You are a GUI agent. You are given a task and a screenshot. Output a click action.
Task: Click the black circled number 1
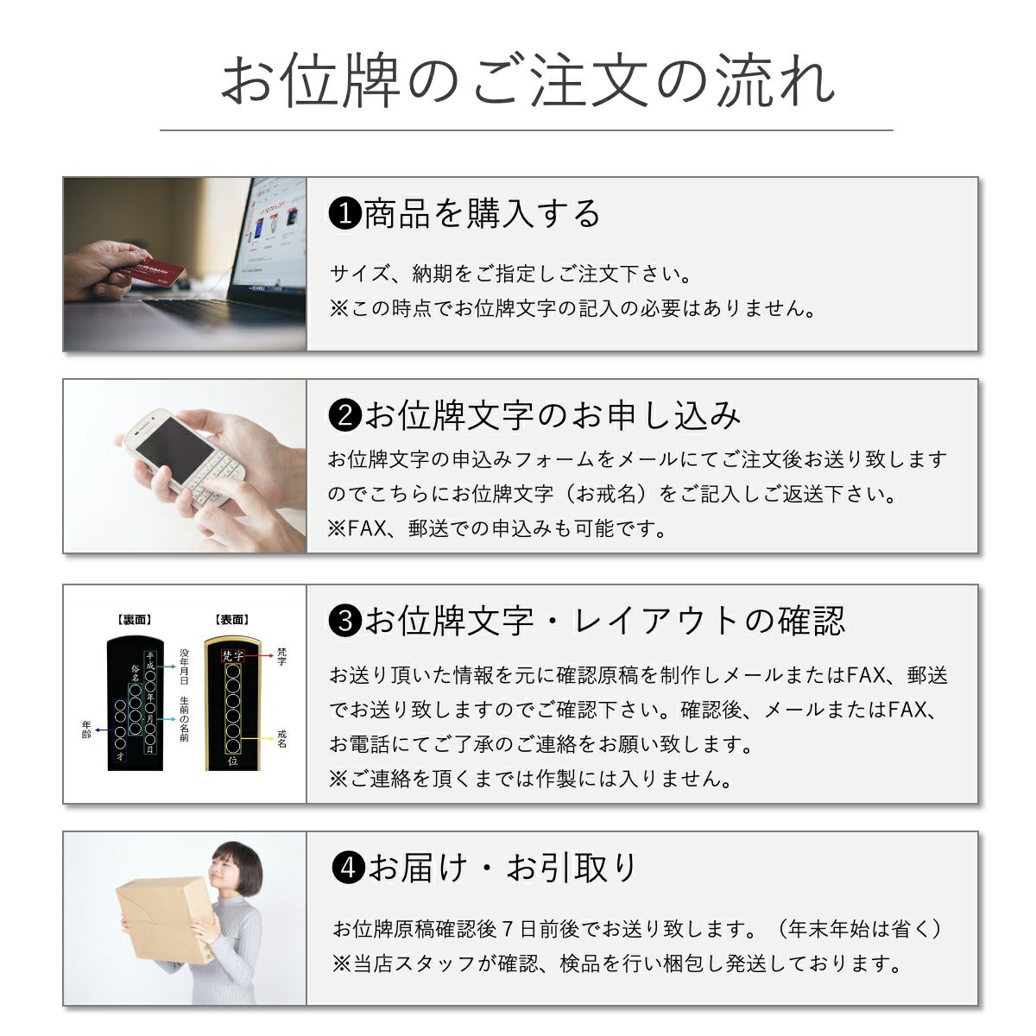point(344,213)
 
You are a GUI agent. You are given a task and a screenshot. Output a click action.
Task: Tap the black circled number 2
point(344,415)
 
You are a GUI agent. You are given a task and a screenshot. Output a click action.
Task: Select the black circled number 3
point(344,621)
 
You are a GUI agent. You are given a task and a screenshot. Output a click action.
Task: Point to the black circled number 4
point(349,868)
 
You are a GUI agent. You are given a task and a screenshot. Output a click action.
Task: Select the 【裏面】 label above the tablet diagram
point(135,620)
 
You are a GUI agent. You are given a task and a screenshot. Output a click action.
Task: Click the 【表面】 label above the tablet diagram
point(232,620)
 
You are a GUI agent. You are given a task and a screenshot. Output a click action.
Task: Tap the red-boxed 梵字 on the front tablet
point(233,656)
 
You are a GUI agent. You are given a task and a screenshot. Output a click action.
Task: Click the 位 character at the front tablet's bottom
point(233,761)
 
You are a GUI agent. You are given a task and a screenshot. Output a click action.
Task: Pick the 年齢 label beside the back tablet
point(86,730)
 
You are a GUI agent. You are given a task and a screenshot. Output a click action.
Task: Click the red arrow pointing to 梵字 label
point(260,656)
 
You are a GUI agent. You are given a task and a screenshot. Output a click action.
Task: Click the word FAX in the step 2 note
point(367,528)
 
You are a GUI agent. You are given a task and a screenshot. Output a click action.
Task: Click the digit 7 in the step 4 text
point(507,929)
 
